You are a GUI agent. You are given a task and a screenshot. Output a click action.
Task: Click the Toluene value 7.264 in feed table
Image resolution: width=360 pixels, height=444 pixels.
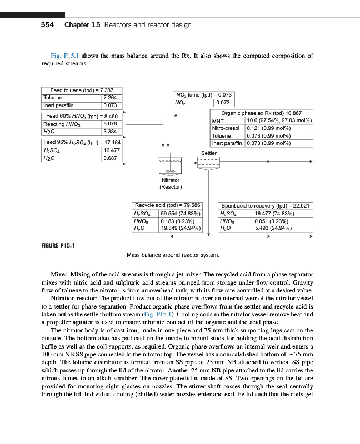tap(112, 98)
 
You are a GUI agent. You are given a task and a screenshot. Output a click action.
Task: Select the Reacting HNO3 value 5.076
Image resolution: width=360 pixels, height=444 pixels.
tap(112, 124)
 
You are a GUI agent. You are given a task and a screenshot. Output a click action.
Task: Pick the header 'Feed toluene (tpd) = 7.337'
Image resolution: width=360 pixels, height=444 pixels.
tap(82, 90)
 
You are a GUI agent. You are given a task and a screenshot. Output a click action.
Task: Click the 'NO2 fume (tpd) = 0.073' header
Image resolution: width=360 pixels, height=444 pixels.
tap(203, 95)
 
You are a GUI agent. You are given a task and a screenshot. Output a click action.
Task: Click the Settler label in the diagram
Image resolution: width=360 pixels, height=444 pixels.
tap(209, 153)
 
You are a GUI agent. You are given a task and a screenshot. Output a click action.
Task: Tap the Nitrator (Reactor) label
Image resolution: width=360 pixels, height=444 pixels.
tap(171, 183)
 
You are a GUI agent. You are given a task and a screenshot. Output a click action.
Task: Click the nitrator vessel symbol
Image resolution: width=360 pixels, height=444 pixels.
tap(171, 165)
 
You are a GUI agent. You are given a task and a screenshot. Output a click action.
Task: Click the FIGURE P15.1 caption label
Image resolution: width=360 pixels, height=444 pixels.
tap(59, 245)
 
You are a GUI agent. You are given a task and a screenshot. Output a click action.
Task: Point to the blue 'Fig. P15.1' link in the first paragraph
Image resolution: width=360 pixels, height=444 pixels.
tap(63, 56)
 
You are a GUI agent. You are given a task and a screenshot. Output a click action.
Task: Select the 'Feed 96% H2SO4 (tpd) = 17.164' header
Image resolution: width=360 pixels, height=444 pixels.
tap(82, 143)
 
